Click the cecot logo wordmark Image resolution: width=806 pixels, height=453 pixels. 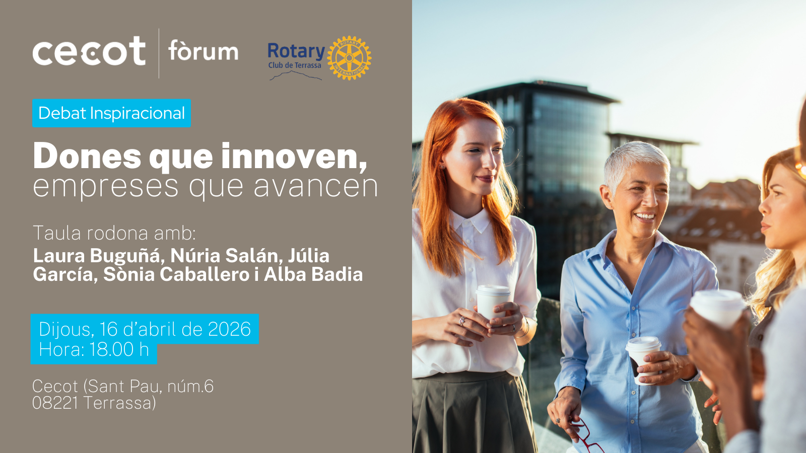point(89,51)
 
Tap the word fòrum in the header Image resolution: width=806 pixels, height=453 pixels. point(204,51)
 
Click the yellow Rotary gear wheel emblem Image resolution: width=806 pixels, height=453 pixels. point(349,58)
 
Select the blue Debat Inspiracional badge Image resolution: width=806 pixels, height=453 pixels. point(111,113)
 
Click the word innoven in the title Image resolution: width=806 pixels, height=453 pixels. point(294,157)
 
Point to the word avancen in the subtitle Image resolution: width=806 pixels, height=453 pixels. point(316,187)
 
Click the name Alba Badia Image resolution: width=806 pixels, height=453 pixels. point(313,274)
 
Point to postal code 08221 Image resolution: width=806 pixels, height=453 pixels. point(55,403)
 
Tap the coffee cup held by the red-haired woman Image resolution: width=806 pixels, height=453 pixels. point(492,303)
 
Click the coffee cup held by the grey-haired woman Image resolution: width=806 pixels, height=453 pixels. point(643,359)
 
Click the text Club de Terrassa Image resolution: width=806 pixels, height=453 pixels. point(295,65)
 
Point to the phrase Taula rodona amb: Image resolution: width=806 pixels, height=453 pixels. point(114,233)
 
